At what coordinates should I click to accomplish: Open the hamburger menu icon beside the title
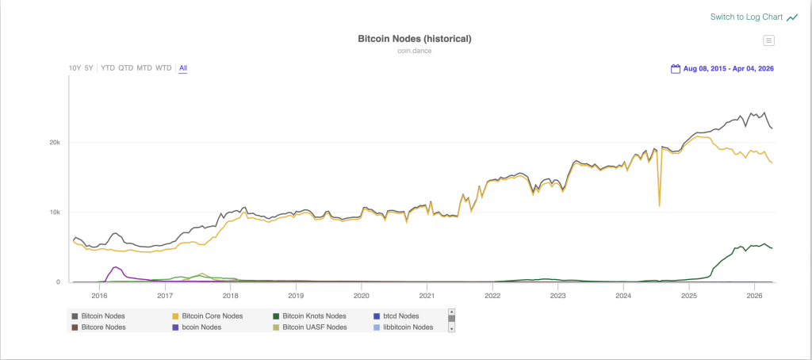pyautogui.click(x=768, y=40)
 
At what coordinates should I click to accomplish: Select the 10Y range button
pyautogui.click(x=75, y=68)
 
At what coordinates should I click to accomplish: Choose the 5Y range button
pyautogui.click(x=89, y=68)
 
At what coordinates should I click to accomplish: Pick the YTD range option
pyautogui.click(x=108, y=68)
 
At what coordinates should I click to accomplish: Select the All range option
pyautogui.click(x=183, y=68)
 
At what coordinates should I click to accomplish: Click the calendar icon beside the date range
pyautogui.click(x=676, y=68)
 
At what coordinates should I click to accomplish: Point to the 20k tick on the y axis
pyautogui.click(x=54, y=143)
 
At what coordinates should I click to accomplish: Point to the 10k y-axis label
pyautogui.click(x=54, y=213)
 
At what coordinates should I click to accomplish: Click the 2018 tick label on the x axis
pyautogui.click(x=230, y=296)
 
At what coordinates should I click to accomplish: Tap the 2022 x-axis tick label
pyautogui.click(x=492, y=296)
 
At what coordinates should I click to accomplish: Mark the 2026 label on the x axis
pyautogui.click(x=754, y=296)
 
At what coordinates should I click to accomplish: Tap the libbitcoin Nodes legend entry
pyautogui.click(x=408, y=327)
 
